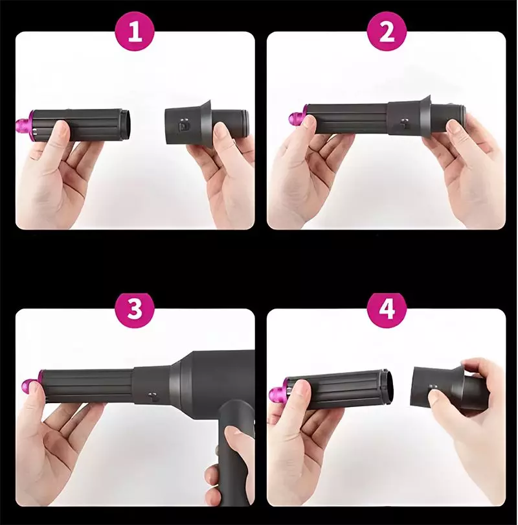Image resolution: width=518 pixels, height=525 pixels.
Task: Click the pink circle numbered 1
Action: click(x=135, y=31)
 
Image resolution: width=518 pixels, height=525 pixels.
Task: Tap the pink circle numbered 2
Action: click(x=387, y=31)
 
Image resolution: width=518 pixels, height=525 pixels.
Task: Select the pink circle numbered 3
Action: click(x=135, y=308)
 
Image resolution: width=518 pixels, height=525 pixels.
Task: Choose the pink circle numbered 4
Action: click(x=387, y=308)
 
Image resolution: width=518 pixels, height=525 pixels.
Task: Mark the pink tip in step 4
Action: click(x=279, y=391)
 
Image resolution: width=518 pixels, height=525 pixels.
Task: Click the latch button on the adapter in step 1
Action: click(x=183, y=125)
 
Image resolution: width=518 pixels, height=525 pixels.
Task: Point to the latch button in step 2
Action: click(x=404, y=123)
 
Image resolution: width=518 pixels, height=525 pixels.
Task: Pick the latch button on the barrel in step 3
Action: click(x=152, y=397)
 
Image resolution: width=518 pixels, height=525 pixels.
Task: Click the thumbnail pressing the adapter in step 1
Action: click(x=221, y=131)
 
